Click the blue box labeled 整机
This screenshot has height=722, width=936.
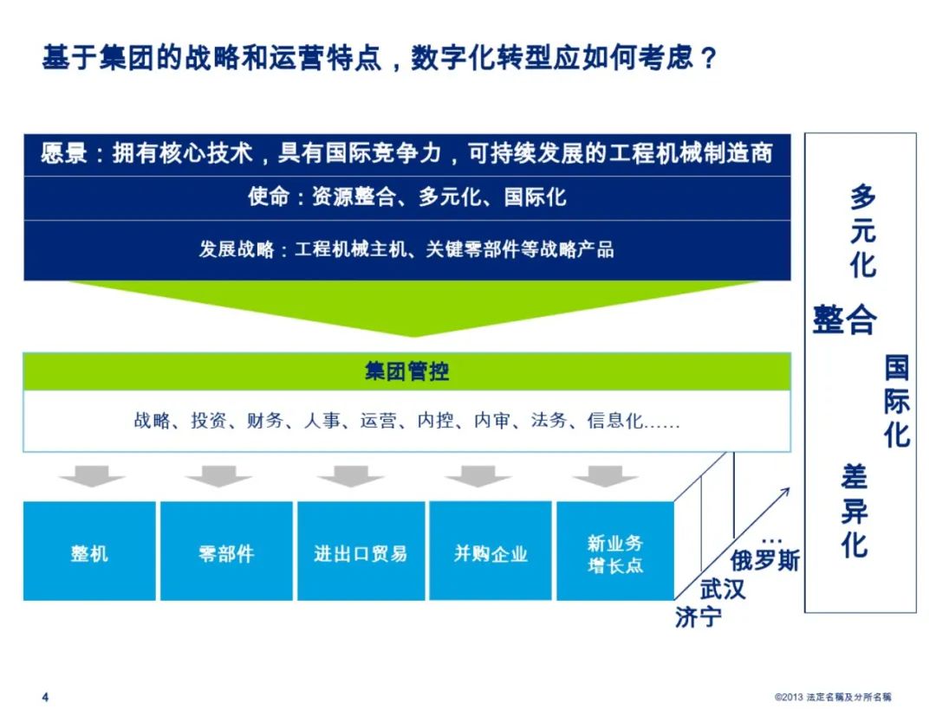(x=89, y=551)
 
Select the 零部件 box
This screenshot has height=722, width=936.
(x=226, y=551)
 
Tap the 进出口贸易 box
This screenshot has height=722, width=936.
(x=361, y=551)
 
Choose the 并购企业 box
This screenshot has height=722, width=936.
(x=491, y=551)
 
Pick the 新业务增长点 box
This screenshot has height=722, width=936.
(x=614, y=551)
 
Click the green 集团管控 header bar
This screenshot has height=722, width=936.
(x=407, y=371)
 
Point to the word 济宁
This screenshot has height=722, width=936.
(x=698, y=617)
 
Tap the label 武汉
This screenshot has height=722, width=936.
(x=723, y=590)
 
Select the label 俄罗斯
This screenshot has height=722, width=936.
(x=764, y=561)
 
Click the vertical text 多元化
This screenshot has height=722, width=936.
(x=863, y=231)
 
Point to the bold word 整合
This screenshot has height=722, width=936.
(x=845, y=319)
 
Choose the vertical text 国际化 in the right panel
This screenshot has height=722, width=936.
(x=897, y=401)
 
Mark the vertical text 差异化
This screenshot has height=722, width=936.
(x=854, y=511)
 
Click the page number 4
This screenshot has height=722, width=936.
(x=45, y=697)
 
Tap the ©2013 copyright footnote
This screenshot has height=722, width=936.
(x=833, y=697)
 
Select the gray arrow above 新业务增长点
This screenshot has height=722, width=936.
(x=605, y=476)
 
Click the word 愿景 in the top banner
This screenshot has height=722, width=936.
(x=64, y=154)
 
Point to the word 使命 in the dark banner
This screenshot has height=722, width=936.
(x=269, y=197)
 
